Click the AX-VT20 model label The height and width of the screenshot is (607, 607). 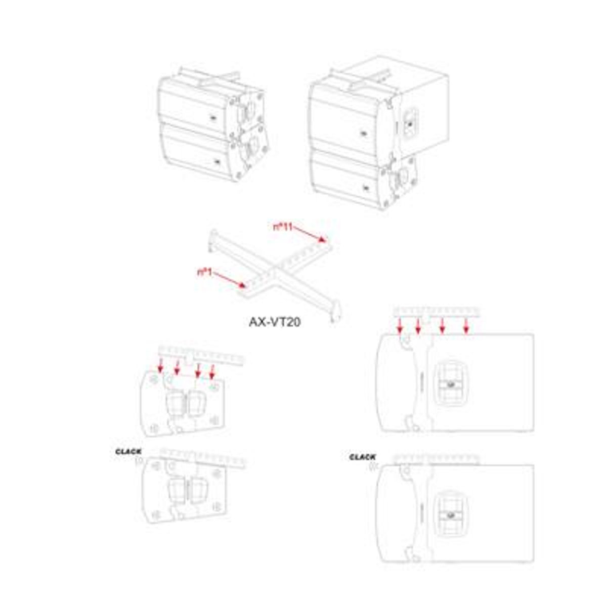point(274,322)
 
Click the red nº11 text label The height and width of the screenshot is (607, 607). point(283,227)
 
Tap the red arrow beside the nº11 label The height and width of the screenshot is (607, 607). point(310,235)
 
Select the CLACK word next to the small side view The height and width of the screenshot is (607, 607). point(128,452)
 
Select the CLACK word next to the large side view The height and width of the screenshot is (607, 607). point(362,457)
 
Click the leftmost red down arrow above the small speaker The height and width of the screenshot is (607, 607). point(161,365)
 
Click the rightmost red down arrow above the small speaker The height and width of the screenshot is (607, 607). point(212,372)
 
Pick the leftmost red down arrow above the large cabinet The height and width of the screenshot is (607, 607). point(400,325)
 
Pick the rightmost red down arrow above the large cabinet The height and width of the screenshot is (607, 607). point(466,325)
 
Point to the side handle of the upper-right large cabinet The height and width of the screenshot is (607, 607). point(410,122)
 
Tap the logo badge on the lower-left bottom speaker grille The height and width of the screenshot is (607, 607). point(217,161)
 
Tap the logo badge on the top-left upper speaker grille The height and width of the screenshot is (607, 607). point(212,118)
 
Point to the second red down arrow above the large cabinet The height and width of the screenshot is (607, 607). point(418,325)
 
